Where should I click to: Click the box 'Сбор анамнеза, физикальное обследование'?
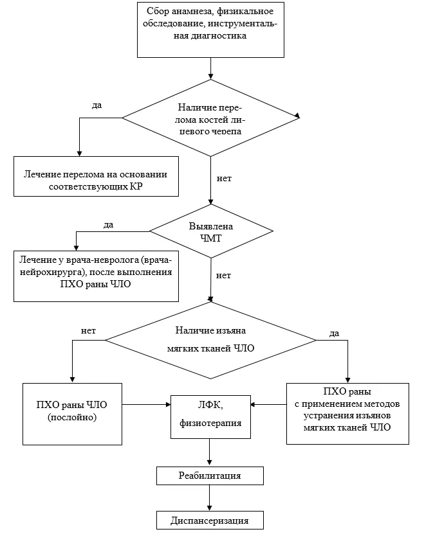point(210,30)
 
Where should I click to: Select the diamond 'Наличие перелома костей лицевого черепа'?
point(211,118)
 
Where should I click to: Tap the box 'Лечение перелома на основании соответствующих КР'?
point(97,177)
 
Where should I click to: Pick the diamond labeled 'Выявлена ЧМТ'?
point(211,231)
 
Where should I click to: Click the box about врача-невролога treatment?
point(97,276)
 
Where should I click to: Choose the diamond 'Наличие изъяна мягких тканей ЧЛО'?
point(210,340)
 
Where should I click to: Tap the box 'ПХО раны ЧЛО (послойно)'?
point(72,414)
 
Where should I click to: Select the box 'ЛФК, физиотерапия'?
point(210,417)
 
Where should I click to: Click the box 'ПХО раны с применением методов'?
point(347,414)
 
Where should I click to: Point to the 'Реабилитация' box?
point(210,476)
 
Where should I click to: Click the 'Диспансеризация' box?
point(210,521)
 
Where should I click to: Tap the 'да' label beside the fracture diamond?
point(97,105)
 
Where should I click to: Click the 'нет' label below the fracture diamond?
point(224,179)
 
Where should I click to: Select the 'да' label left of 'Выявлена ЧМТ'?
point(109,225)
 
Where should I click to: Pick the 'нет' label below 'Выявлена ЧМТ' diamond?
point(223,276)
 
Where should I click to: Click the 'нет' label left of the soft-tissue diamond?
point(88,331)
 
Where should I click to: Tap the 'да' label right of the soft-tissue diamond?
point(335,334)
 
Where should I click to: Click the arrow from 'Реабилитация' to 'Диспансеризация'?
point(210,498)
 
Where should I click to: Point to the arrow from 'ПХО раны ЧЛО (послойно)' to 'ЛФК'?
point(146,405)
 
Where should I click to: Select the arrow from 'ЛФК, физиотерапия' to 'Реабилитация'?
point(210,452)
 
